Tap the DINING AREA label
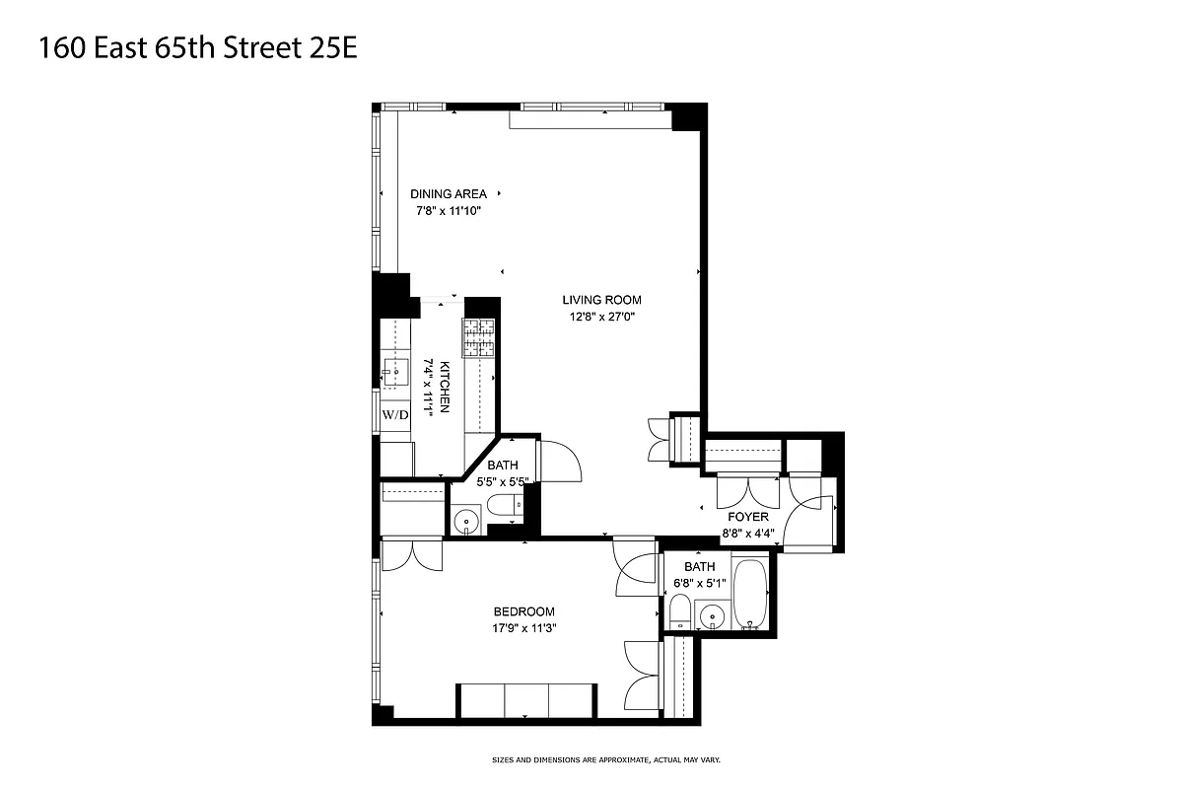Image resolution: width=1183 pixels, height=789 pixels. pos(449,194)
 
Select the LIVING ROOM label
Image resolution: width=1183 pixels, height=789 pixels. pos(601,300)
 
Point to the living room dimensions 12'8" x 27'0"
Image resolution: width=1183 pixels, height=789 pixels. pos(601,318)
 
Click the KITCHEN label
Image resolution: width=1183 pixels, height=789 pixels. pos(445,386)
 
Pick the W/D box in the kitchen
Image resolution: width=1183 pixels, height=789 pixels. pos(395,415)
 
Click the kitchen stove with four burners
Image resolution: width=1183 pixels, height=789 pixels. pos(479,339)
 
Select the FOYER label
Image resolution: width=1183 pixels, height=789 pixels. pos(748,517)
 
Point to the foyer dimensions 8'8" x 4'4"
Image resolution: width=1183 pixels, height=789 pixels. pos(748,534)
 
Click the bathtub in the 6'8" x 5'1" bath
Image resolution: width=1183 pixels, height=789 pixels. pos(751,595)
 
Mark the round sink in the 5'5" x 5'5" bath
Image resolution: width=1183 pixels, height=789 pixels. pos(465,519)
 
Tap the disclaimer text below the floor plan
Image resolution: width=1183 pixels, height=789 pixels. pos(621,760)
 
